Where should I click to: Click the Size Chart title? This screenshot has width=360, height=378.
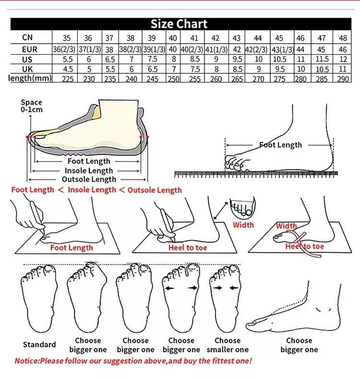pyautogui.click(x=179, y=24)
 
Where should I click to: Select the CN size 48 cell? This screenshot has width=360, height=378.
pyautogui.click(x=343, y=38)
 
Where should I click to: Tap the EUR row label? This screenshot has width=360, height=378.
pyautogui.click(x=29, y=49)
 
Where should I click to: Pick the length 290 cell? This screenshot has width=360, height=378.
pyautogui.click(x=343, y=79)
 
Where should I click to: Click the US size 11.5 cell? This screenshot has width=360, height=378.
pyautogui.click(x=322, y=59)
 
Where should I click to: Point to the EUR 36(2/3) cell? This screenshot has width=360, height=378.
pyautogui.click(x=62, y=49)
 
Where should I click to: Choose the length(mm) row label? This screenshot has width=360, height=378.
pyautogui.click(x=29, y=78)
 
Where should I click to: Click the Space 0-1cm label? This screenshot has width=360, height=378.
pyautogui.click(x=32, y=106)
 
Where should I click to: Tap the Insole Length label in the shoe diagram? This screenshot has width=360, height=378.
pyautogui.click(x=89, y=170)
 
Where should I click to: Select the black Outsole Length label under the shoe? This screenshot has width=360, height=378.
pyautogui.click(x=89, y=179)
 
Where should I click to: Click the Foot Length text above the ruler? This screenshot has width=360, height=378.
pyautogui.click(x=281, y=145)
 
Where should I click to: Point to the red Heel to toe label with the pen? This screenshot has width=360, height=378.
pyautogui.click(x=188, y=248)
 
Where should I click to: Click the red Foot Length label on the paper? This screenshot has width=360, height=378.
pyautogui.click(x=72, y=248)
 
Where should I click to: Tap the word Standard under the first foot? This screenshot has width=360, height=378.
pyautogui.click(x=39, y=344)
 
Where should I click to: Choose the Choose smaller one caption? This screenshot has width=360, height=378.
pyautogui.click(x=228, y=345)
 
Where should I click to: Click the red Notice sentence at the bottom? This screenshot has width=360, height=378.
pyautogui.click(x=133, y=361)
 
